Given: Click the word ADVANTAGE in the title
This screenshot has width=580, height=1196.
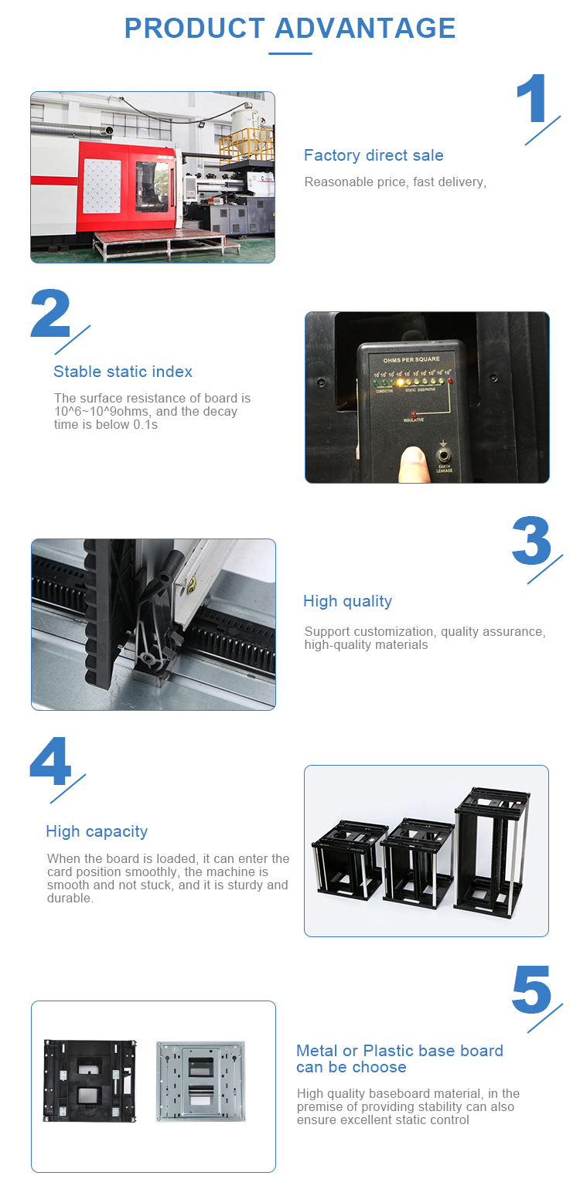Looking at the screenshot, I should click(365, 29).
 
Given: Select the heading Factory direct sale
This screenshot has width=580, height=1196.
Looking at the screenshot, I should click(374, 155).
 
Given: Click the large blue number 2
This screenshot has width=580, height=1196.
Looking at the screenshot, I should click(50, 314).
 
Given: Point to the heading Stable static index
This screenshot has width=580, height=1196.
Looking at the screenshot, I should click(123, 372).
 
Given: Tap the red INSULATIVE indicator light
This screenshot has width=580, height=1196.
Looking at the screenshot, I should click(414, 415).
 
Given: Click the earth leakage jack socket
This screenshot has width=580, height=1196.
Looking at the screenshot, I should click(444, 455).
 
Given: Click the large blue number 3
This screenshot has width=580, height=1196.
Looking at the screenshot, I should click(531, 541).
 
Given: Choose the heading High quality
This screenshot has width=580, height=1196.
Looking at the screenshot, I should click(347, 601).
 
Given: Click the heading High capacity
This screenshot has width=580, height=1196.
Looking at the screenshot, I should click(97, 831).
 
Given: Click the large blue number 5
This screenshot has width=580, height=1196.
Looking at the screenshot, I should click(531, 990).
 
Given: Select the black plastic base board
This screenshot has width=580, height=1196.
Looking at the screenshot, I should click(82, 1080).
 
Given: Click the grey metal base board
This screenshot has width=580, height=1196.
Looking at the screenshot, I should click(200, 1080).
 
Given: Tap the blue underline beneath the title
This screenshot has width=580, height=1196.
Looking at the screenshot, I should click(290, 53).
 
